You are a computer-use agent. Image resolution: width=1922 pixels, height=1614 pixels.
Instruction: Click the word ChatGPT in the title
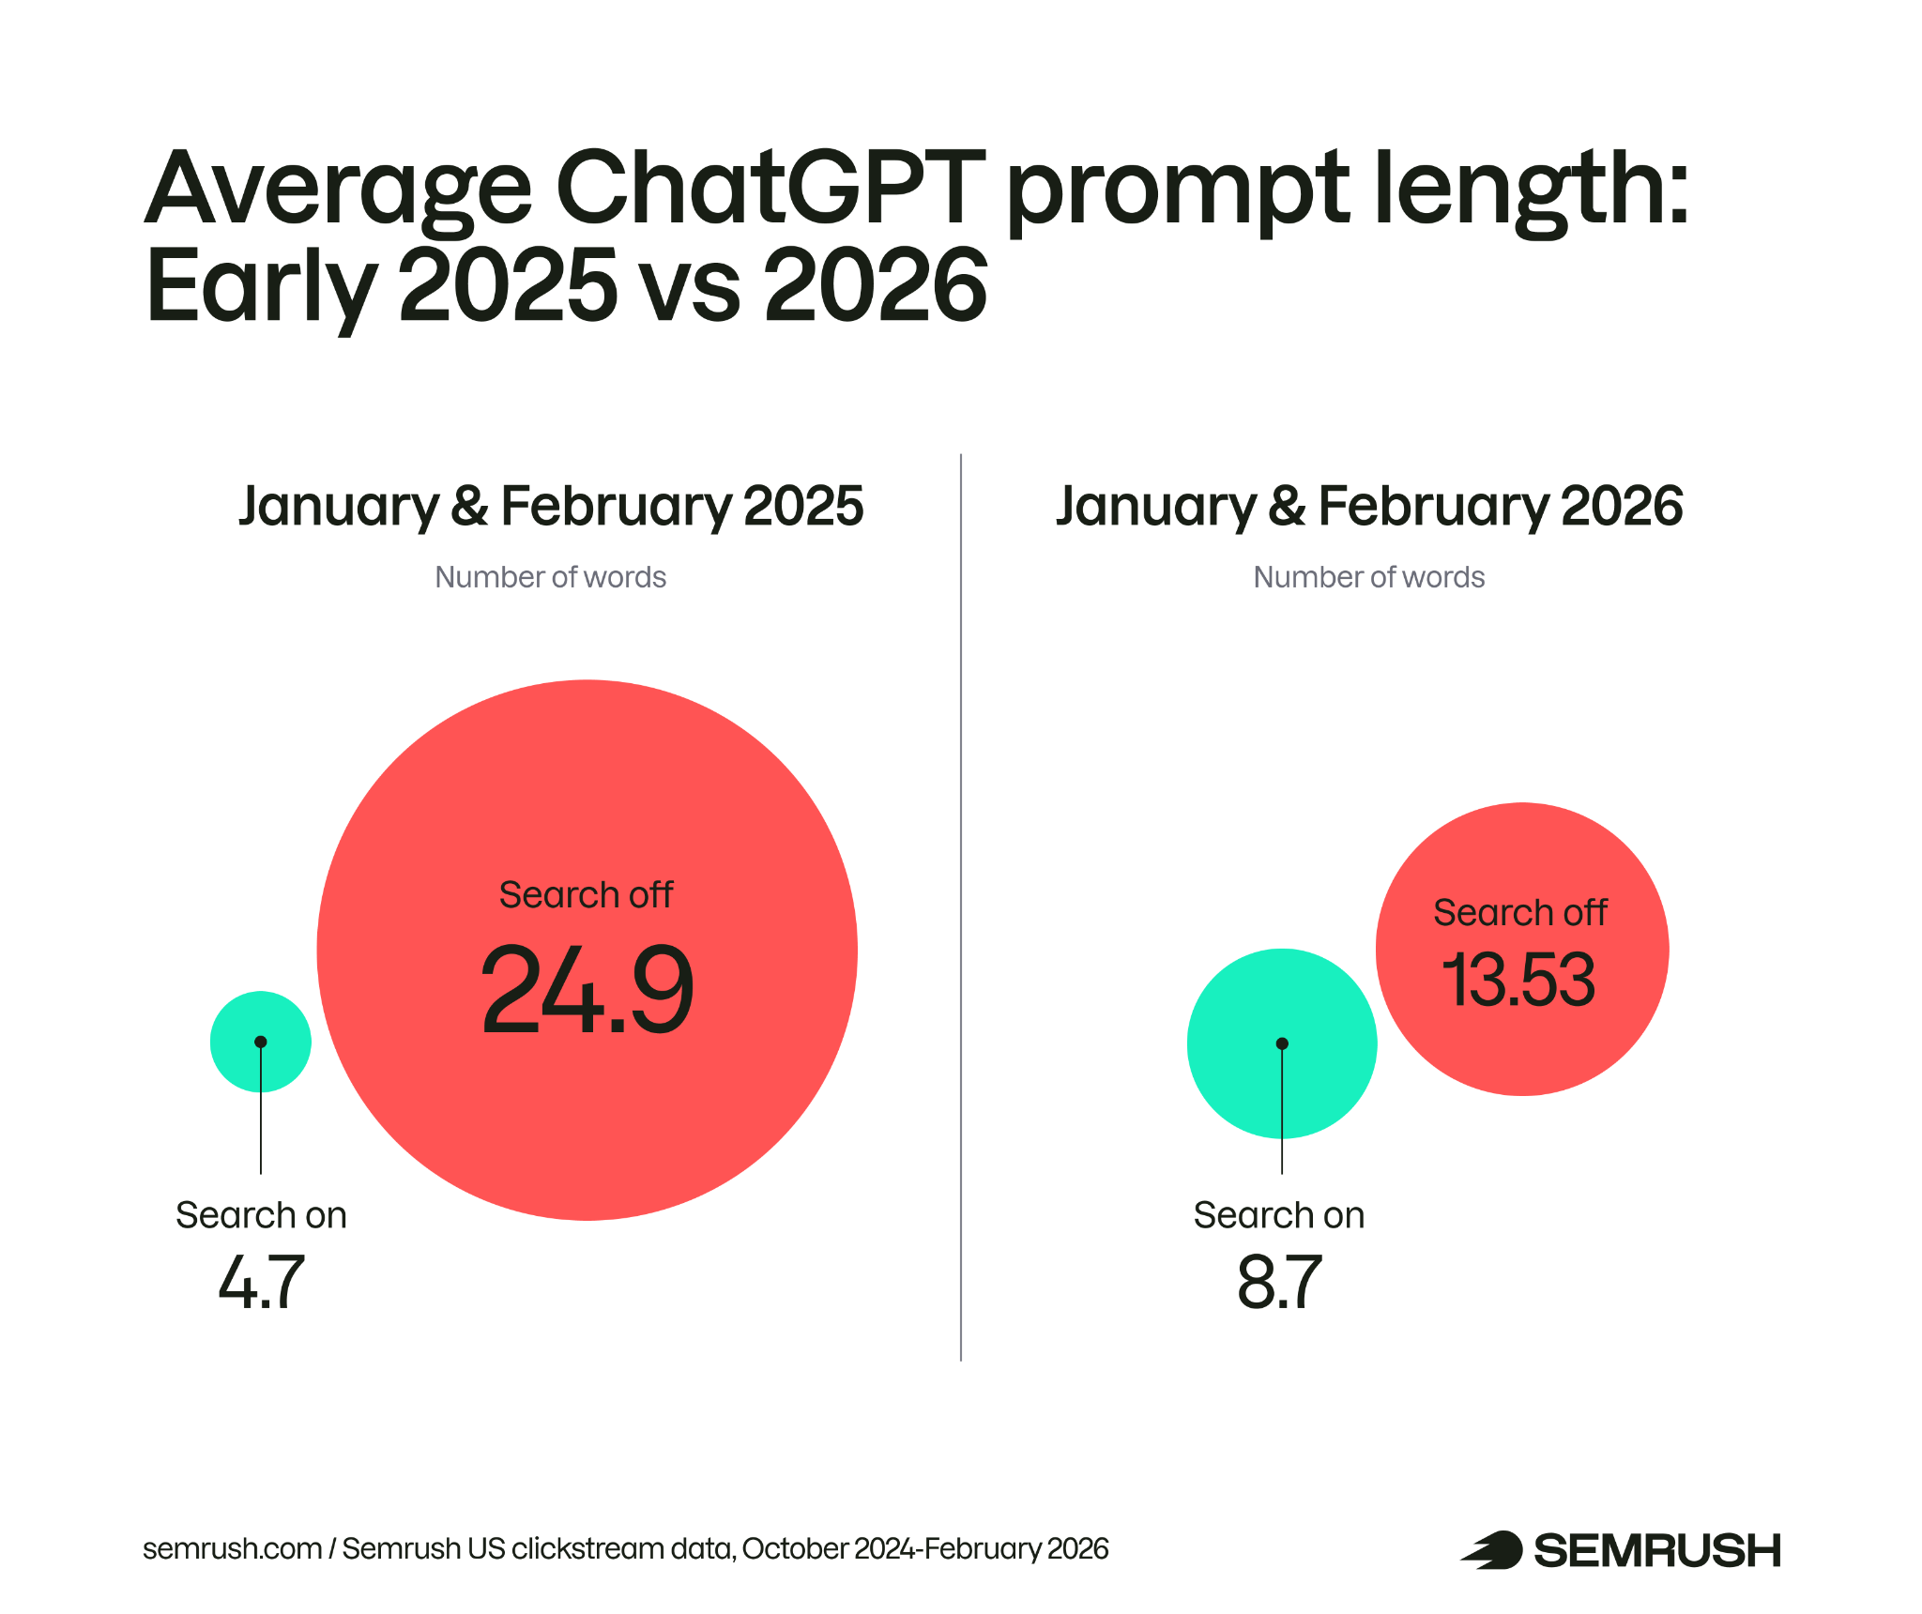(770, 188)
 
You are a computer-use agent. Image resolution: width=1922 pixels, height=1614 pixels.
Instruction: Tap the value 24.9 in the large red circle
(587, 990)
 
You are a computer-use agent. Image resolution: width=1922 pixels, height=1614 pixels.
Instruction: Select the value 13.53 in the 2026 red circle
(1518, 980)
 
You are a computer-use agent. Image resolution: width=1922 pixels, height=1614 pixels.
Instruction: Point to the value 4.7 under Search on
(262, 1283)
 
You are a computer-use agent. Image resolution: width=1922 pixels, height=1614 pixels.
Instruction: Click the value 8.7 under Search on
(1279, 1283)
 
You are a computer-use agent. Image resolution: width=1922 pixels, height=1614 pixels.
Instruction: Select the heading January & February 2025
(551, 507)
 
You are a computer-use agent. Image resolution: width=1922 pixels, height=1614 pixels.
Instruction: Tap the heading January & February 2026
(1369, 507)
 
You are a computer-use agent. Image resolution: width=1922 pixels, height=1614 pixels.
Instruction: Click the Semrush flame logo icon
(1492, 1550)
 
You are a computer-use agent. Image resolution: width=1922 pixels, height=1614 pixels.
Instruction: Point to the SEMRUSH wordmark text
(1657, 1551)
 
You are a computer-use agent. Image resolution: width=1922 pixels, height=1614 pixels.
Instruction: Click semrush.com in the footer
(232, 1548)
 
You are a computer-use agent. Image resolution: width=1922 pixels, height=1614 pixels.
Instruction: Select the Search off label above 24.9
(586, 895)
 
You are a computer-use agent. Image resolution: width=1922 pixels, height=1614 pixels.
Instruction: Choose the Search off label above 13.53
(1520, 913)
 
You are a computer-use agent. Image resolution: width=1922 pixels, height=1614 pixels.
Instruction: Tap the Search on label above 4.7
(261, 1215)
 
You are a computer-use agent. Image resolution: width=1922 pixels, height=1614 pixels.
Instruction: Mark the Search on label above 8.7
(1279, 1215)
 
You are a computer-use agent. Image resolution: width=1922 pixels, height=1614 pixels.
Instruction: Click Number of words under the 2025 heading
(551, 577)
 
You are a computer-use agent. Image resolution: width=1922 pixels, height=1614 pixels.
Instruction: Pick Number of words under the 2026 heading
(1369, 577)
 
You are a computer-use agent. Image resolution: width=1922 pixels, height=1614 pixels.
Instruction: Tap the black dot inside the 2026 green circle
(1282, 1043)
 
